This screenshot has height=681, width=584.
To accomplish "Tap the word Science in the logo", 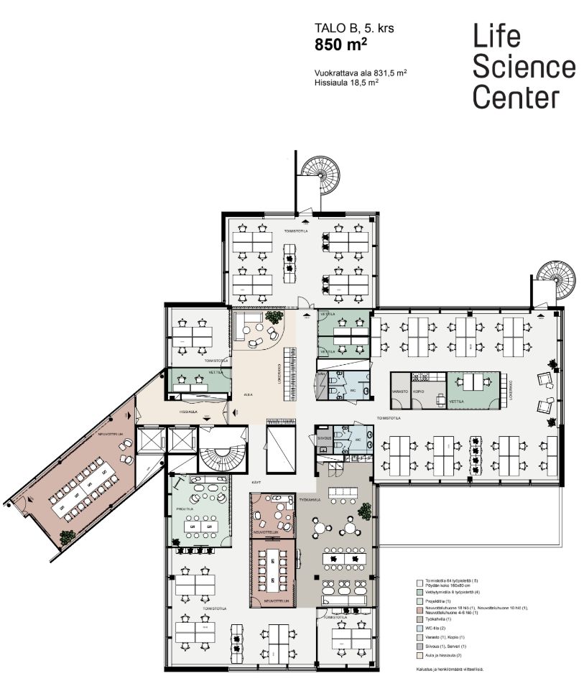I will point(524,67).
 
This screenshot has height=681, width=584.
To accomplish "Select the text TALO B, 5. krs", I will point(354,29).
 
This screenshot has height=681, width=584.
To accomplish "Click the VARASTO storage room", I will point(399,392).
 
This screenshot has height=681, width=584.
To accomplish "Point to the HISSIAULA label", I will point(188,411).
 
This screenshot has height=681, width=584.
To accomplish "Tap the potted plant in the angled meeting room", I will point(68,535).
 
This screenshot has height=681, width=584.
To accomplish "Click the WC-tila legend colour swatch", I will point(421,627).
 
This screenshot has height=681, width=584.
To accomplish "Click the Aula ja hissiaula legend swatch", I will point(421,655).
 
